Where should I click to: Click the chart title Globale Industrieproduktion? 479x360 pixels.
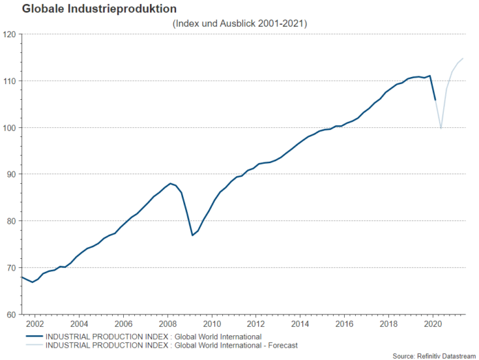(89, 9)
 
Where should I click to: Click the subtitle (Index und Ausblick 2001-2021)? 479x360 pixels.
(239, 23)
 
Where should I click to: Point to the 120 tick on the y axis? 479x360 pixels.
(10, 34)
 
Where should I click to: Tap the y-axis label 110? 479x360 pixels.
(10, 81)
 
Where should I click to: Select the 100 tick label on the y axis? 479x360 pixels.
(10, 128)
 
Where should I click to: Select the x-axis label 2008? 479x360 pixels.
(167, 324)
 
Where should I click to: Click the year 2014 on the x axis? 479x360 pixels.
(300, 324)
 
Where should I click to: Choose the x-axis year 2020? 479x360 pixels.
(433, 324)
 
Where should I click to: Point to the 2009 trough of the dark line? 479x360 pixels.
(192, 235)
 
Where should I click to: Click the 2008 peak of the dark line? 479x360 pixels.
(170, 184)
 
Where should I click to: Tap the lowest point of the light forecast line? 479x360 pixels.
(440, 128)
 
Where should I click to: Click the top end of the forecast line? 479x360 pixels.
(463, 59)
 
